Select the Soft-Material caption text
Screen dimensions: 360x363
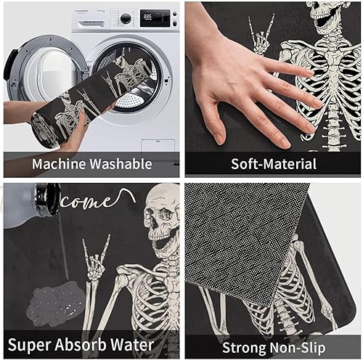click(x=274, y=163)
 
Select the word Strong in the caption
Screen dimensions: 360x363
click(x=245, y=343)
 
